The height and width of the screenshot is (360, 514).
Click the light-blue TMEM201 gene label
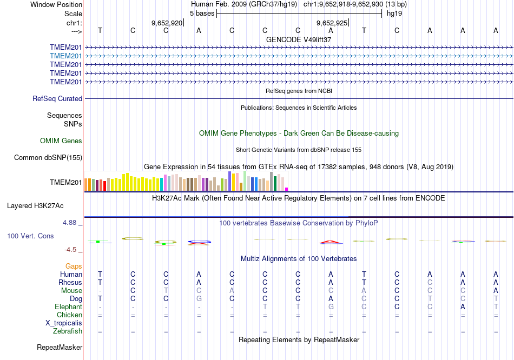pyautogui.click(x=66, y=56)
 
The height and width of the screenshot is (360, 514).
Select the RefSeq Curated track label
pyautogui.click(x=57, y=99)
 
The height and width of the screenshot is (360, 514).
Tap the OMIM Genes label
pyautogui.click(x=61, y=141)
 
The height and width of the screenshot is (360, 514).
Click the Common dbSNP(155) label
pyautogui.click(x=48, y=158)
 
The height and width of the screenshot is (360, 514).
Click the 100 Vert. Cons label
pyautogui.click(x=30, y=236)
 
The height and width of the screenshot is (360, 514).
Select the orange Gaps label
pyautogui.click(x=74, y=266)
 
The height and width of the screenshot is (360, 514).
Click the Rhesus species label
pyautogui.click(x=70, y=282)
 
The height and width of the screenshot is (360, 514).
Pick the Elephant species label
pyautogui.click(x=68, y=306)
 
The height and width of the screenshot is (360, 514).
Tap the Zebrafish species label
pyautogui.click(x=68, y=331)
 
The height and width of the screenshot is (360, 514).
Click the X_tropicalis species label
pyautogui.click(x=64, y=323)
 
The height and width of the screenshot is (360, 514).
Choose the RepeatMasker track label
pyautogui.click(x=60, y=347)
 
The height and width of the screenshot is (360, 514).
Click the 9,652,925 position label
pyautogui.click(x=332, y=23)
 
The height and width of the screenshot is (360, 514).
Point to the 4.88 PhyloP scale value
pyautogui.click(x=72, y=222)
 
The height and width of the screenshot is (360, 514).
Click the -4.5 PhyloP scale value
pyautogui.click(x=72, y=250)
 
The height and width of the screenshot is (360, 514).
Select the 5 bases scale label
pyautogui.click(x=202, y=14)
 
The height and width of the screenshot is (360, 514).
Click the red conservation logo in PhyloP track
pyautogui.click(x=331, y=242)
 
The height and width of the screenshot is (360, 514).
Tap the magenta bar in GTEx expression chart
pyautogui.click(x=286, y=189)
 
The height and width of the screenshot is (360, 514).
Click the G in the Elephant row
pyautogui.click(x=331, y=306)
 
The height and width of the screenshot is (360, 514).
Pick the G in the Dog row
pyautogui.click(x=199, y=298)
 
